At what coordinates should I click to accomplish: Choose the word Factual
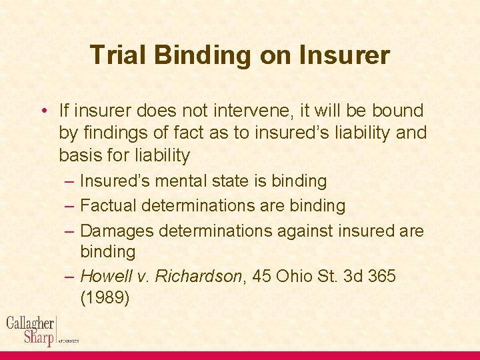[107, 206]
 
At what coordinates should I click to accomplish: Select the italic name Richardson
[198, 276]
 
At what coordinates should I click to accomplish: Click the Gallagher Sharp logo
[31, 330]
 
